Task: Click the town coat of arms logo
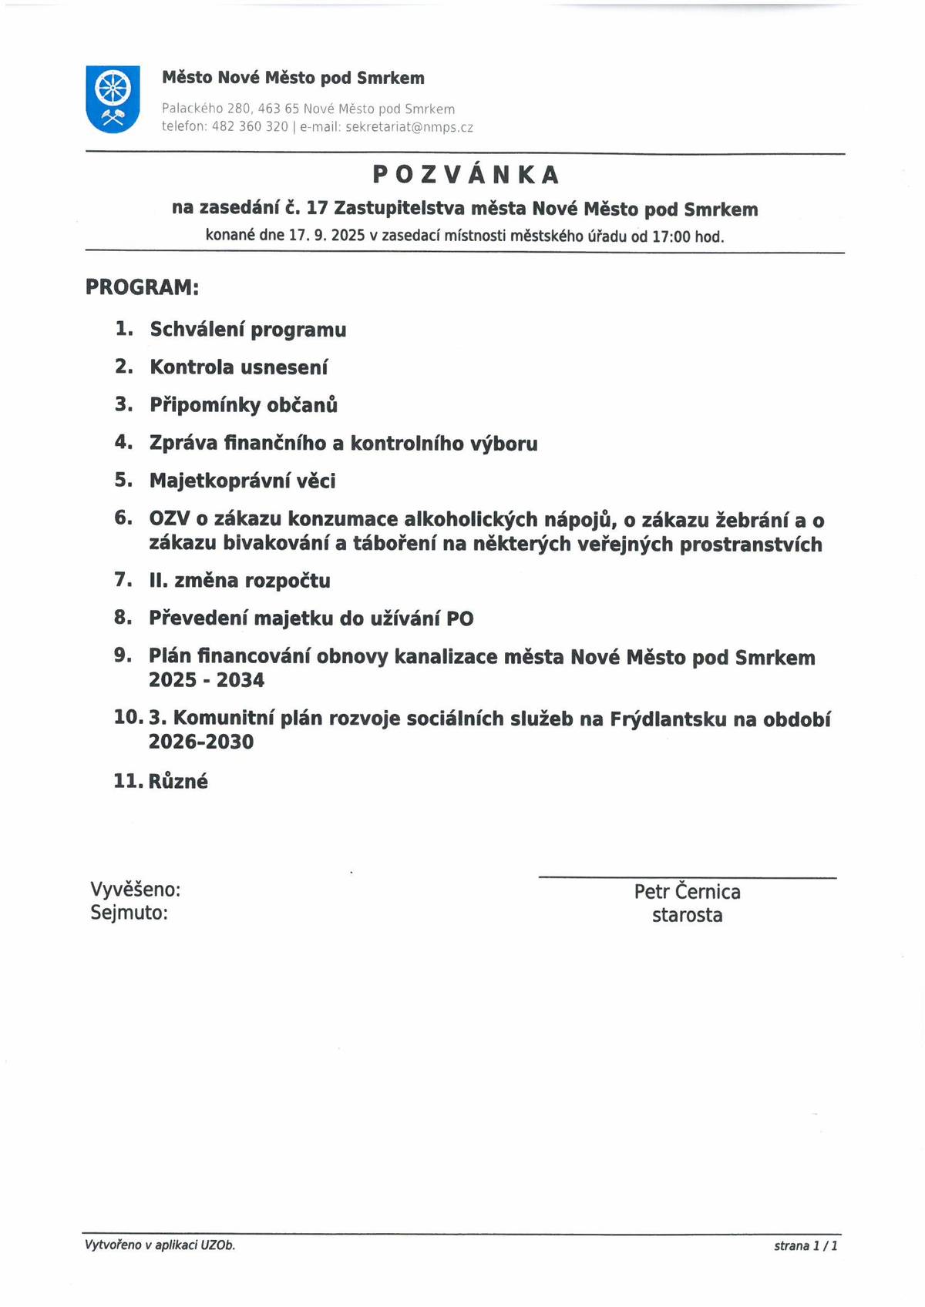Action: tap(113, 99)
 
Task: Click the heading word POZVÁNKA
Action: tap(466, 176)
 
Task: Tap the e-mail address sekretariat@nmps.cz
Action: tap(409, 127)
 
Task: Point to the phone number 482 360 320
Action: tap(250, 127)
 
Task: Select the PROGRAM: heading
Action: tap(142, 287)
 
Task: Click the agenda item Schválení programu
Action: tap(247, 330)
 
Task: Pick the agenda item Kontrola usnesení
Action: tap(238, 367)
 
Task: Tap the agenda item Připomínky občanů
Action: tap(243, 405)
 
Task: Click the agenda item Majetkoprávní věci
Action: tap(242, 481)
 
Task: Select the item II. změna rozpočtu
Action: tap(239, 581)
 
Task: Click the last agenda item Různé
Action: tap(178, 781)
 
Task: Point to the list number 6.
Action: tap(123, 518)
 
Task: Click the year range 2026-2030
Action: tap(200, 742)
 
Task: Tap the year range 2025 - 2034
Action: tap(206, 680)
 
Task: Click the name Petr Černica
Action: tap(687, 892)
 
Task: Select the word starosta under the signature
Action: tap(687, 916)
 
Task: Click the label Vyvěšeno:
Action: tap(136, 890)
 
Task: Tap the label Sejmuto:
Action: tap(129, 913)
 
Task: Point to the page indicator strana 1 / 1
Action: tap(806, 1245)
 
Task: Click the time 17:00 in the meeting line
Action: tap(671, 236)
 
